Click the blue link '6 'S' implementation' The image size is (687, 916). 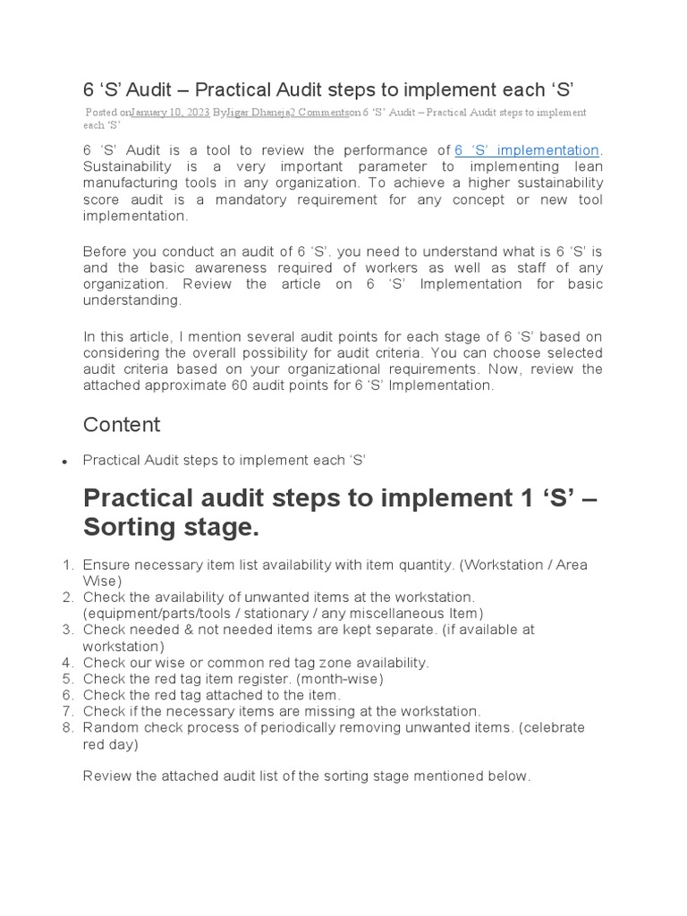527,150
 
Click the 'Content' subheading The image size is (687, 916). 122,424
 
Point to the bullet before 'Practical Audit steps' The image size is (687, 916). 64,462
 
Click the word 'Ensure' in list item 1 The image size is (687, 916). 106,564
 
